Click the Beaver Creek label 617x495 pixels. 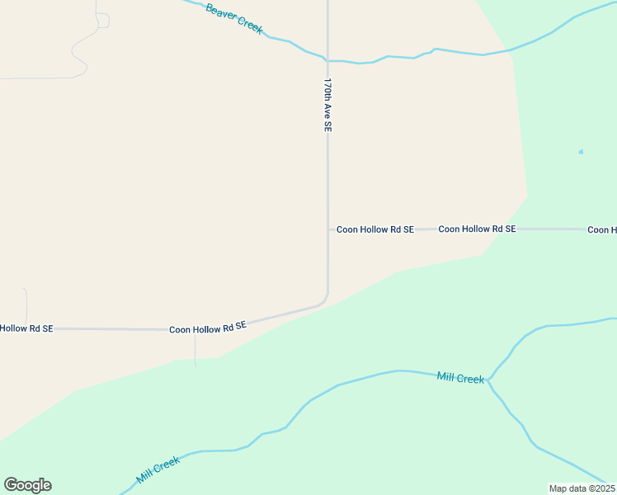click(x=234, y=19)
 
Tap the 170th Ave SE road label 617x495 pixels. click(x=327, y=106)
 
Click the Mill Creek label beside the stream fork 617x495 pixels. click(x=460, y=378)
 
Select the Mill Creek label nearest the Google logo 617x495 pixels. click(x=158, y=471)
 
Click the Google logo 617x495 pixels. click(x=27, y=485)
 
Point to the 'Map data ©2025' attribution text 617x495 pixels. click(x=581, y=488)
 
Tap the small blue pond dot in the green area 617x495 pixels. click(x=581, y=152)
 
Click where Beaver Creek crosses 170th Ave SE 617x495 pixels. click(x=327, y=60)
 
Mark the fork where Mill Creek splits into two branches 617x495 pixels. click(x=489, y=380)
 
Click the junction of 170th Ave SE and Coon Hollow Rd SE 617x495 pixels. click(x=328, y=229)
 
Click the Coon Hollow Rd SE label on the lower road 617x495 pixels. click(x=208, y=328)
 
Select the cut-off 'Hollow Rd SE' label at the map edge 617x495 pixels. click(x=26, y=328)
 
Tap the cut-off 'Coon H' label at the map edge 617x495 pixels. click(x=602, y=230)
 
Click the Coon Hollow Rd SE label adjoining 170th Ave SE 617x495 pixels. click(x=374, y=229)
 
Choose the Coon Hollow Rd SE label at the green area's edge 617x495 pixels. click(x=477, y=229)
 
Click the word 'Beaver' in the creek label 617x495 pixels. click(x=220, y=12)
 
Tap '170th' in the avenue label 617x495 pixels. click(x=327, y=89)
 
